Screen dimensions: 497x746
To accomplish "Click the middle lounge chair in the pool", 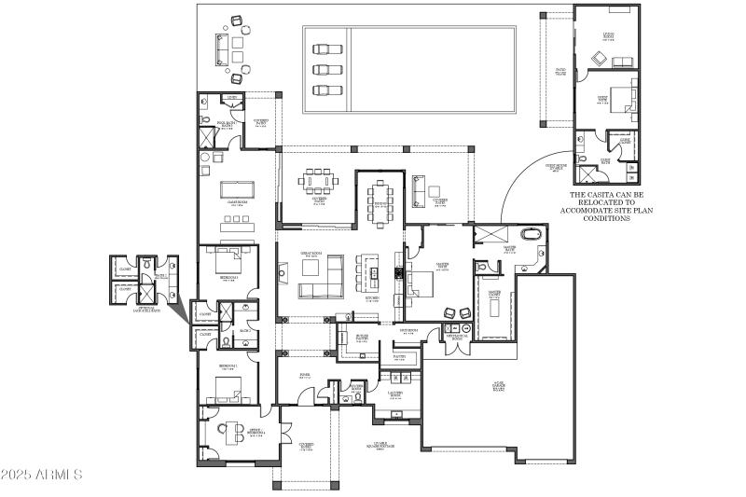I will pyautogui.click(x=326, y=69).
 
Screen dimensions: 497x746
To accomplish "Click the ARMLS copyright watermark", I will pyautogui.click(x=42, y=476).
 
